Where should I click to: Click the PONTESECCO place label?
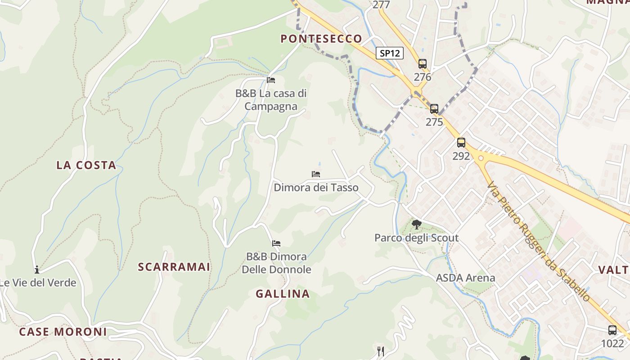click(321, 39)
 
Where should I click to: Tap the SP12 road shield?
click(390, 53)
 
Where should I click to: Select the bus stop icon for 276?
click(422, 64)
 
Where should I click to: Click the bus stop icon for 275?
click(434, 109)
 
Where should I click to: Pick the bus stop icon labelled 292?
click(461, 143)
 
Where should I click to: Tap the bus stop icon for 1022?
click(612, 330)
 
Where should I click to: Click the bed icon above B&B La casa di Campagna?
click(271, 80)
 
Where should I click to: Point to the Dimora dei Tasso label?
click(316, 187)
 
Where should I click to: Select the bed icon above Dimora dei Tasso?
click(316, 174)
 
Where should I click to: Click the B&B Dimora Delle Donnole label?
click(276, 263)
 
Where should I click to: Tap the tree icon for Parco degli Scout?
click(417, 224)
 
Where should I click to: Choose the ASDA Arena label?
click(465, 278)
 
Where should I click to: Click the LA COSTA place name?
click(86, 165)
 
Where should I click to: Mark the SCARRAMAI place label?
click(174, 267)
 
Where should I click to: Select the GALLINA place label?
click(283, 294)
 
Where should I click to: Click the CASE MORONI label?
click(63, 332)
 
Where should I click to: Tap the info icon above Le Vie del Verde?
click(37, 270)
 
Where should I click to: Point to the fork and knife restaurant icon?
click(381, 351)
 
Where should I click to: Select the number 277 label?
click(381, 5)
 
